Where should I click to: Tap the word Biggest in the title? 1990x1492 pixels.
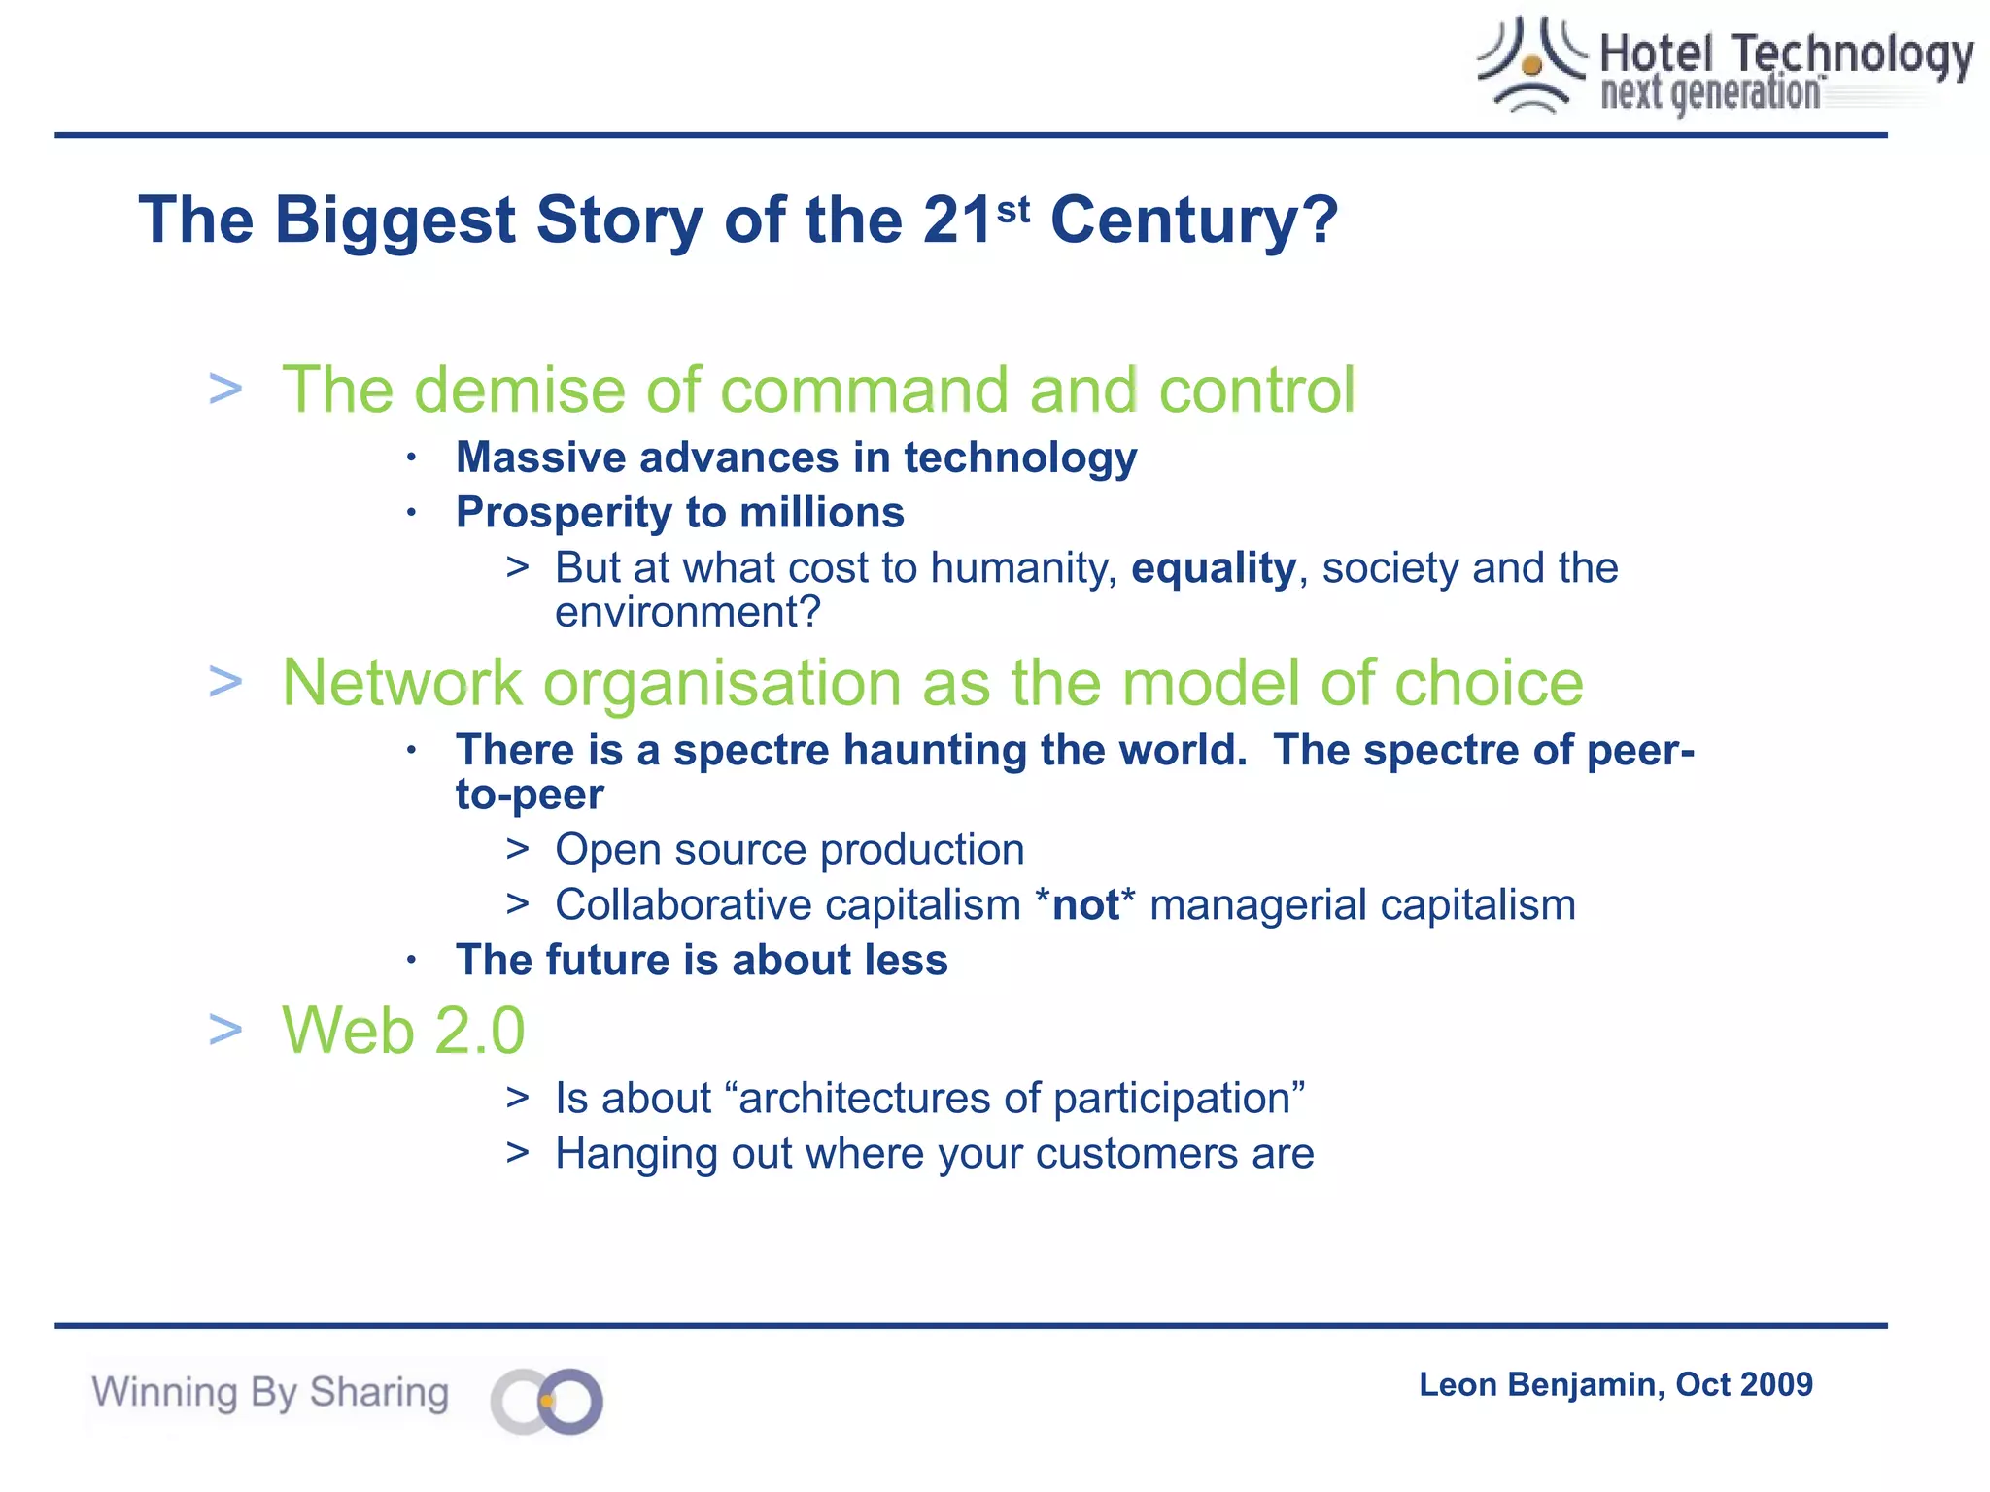click(394, 220)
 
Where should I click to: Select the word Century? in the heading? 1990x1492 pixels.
click(1194, 220)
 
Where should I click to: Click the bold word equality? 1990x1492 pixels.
click(1214, 568)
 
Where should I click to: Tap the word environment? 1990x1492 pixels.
click(688, 613)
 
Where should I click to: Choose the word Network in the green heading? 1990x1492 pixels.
click(401, 683)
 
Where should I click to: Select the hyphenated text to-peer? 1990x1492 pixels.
click(530, 796)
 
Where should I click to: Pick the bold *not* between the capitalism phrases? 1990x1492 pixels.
click(1085, 905)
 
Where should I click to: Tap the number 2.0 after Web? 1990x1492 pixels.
click(480, 1031)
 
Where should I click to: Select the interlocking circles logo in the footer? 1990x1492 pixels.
click(547, 1401)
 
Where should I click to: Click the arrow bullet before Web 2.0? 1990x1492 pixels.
click(225, 1030)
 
